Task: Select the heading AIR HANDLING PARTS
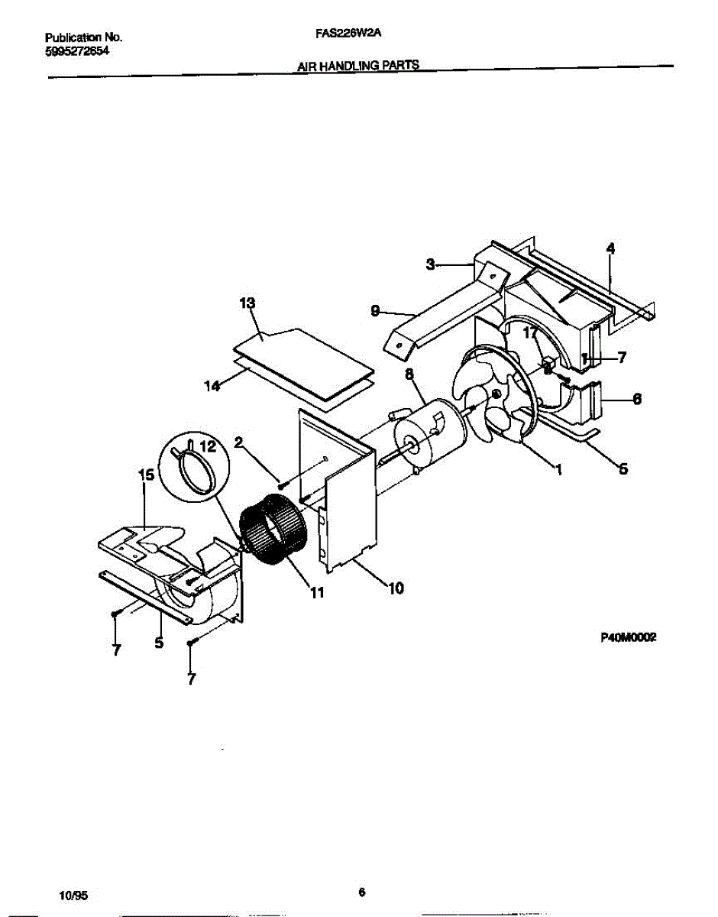pos(357,66)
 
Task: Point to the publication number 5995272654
pos(77,50)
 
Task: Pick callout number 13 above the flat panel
pos(247,304)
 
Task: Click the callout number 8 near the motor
pos(409,374)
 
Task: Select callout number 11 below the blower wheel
pos(315,591)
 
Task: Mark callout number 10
pos(396,588)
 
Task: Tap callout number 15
pos(146,475)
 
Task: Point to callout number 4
pos(610,248)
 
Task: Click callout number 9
pos(375,310)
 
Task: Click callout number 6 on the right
pos(637,398)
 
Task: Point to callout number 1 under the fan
pos(560,471)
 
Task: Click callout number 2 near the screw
pos(238,442)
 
